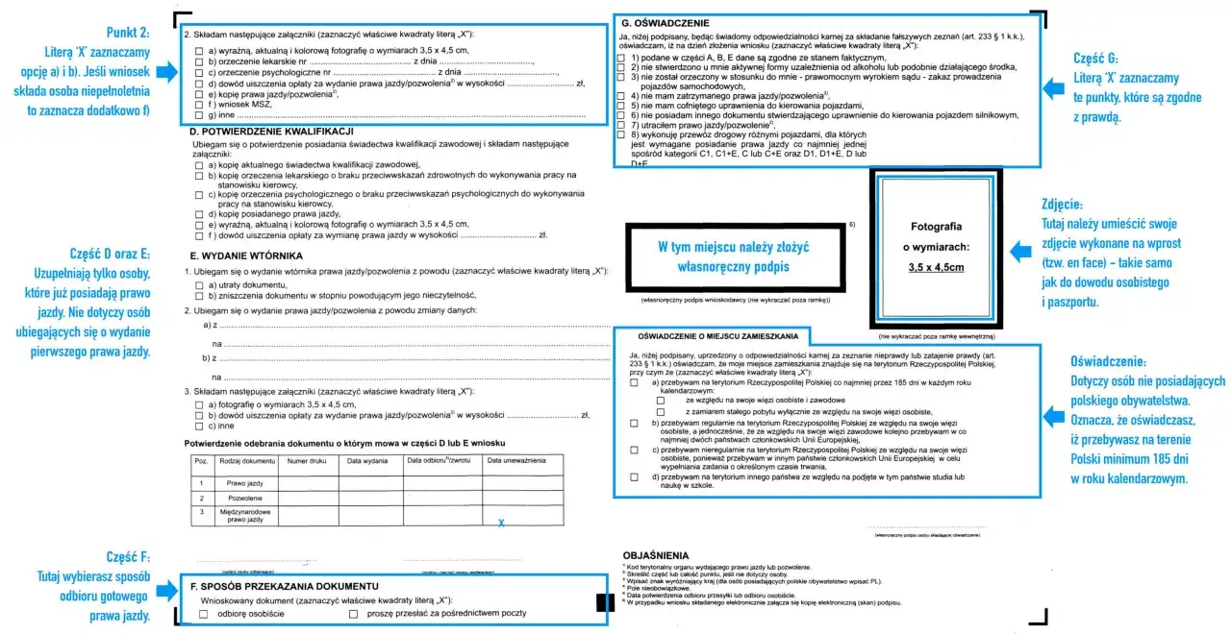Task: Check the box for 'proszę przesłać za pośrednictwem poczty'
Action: pos(354,614)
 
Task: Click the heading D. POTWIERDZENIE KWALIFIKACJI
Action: pos(272,131)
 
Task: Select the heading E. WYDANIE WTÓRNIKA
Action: pos(247,256)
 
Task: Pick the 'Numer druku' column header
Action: pos(308,461)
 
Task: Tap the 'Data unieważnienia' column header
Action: pos(516,461)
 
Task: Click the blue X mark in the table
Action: pos(501,523)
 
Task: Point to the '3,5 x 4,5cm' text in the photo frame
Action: pos(936,268)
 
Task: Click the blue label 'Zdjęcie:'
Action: pos(1062,205)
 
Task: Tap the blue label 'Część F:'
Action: pos(128,557)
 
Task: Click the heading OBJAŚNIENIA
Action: pos(656,555)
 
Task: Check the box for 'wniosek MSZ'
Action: pos(198,104)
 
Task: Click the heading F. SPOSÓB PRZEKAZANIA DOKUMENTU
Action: pos(283,586)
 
